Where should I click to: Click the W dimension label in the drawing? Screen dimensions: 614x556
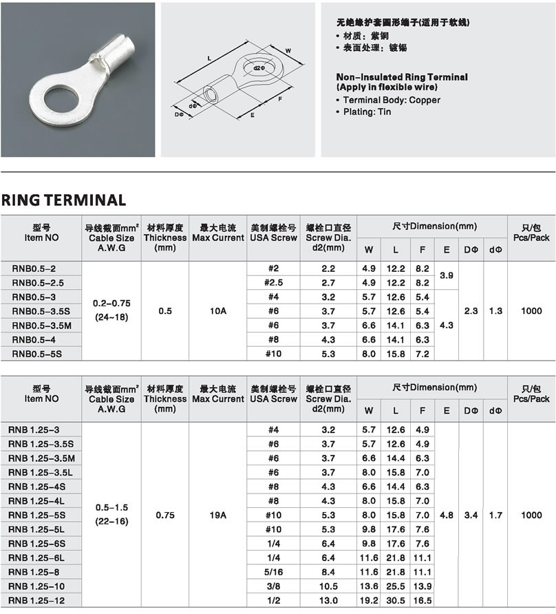pos(288,50)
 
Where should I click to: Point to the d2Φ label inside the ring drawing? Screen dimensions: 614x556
pos(258,67)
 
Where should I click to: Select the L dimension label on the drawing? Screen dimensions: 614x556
pos(208,59)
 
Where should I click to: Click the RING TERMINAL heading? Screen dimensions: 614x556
pos(63,200)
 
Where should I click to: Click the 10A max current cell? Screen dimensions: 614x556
pos(217,311)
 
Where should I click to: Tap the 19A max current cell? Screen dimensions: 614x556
pos(217,515)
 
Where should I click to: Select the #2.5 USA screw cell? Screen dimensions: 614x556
pos(273,283)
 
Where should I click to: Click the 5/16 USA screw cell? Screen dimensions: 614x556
pos(273,572)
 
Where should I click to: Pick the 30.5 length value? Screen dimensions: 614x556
pos(396,600)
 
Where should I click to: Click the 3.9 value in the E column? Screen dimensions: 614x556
pos(446,275)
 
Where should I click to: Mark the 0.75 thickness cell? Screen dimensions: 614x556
pos(165,515)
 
